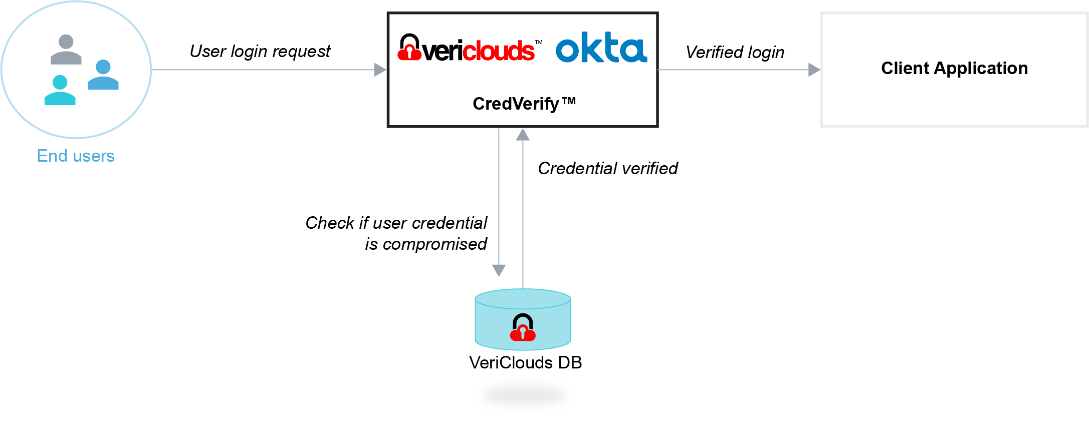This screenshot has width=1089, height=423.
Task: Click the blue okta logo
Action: click(601, 49)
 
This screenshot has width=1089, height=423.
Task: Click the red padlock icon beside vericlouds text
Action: click(409, 48)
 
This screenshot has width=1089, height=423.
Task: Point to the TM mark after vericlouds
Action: click(538, 43)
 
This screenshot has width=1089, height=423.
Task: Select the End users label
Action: click(76, 156)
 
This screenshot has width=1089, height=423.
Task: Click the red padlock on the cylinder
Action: click(523, 328)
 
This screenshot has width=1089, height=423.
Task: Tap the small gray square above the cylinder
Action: click(507, 276)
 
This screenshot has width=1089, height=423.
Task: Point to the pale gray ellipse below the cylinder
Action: click(524, 395)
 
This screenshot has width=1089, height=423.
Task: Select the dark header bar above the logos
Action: click(522, 22)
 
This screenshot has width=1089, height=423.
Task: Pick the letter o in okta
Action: click(568, 51)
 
